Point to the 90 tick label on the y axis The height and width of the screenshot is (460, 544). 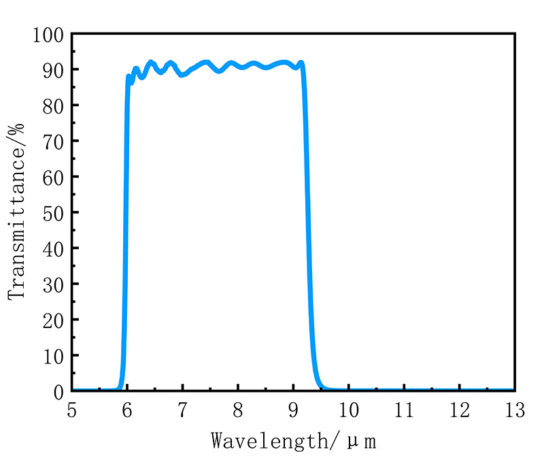(x=52, y=69)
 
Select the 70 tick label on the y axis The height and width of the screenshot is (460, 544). (x=52, y=141)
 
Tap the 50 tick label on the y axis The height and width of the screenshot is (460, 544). (x=52, y=212)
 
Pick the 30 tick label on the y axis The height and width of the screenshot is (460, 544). (x=52, y=284)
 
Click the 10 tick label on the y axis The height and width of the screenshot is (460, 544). (x=52, y=355)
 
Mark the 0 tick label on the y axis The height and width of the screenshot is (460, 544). (x=57, y=391)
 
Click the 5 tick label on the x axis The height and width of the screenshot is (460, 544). (x=72, y=410)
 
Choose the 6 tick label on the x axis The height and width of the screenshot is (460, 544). (x=127, y=410)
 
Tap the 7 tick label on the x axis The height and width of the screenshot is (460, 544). (x=182, y=410)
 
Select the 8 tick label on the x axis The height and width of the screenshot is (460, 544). (x=238, y=410)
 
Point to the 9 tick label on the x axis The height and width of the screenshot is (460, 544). (x=293, y=410)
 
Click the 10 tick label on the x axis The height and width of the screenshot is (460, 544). (x=348, y=410)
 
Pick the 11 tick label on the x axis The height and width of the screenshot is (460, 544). (x=404, y=410)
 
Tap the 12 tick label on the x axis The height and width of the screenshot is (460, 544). (x=459, y=410)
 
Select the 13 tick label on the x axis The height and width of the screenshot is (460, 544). (x=514, y=410)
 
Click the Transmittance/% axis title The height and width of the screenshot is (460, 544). (x=17, y=211)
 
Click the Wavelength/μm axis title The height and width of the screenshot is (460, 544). (x=293, y=440)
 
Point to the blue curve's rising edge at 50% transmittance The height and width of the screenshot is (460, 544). (x=125, y=212)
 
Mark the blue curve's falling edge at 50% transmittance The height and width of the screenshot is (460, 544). (x=308, y=212)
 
